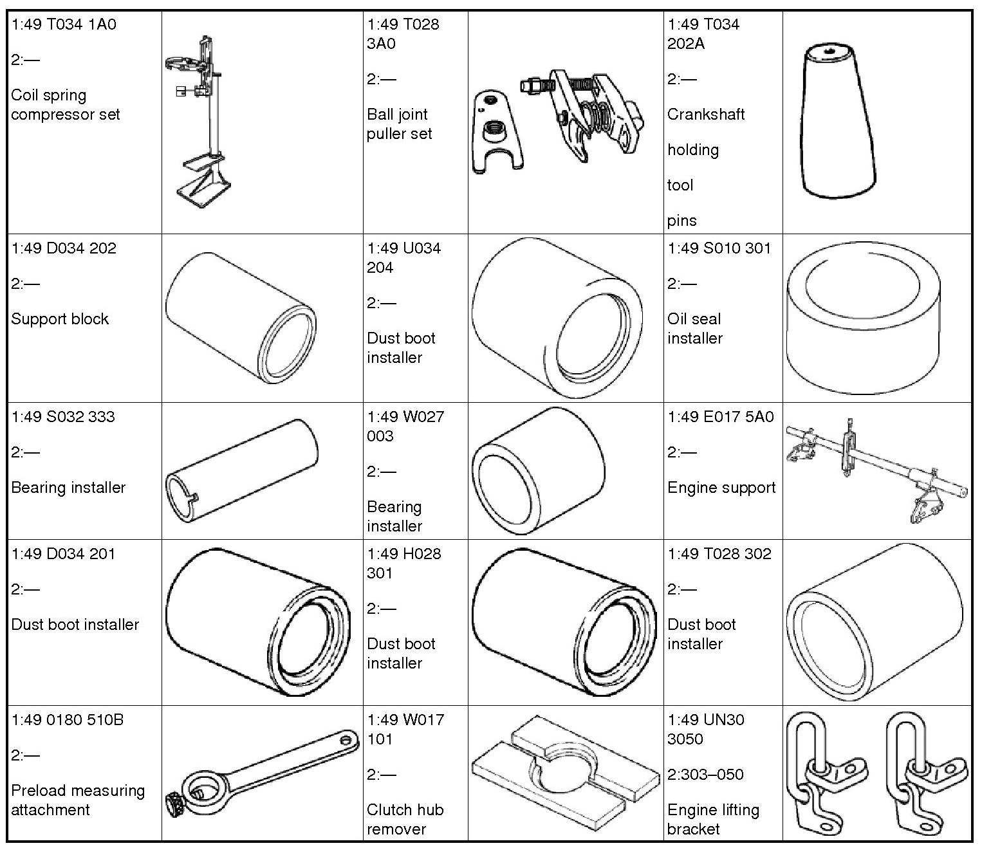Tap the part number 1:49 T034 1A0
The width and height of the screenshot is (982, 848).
point(64,25)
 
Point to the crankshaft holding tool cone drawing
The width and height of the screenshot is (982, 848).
point(838,122)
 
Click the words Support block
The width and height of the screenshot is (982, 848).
point(60,319)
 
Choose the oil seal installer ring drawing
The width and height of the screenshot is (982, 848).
point(864,318)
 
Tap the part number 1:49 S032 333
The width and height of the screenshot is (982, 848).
point(63,417)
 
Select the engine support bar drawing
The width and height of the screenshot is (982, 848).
point(875,470)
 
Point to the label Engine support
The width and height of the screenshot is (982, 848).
point(721,488)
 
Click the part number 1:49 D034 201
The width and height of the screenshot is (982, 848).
point(63,554)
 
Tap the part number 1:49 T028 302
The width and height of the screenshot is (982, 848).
point(719,554)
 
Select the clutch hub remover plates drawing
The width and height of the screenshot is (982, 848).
point(565,773)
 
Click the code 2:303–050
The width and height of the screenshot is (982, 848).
point(705,775)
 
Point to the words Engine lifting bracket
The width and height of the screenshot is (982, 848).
point(713,819)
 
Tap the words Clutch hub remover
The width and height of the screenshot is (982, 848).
point(405,819)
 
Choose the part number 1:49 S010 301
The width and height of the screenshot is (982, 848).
point(719,248)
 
